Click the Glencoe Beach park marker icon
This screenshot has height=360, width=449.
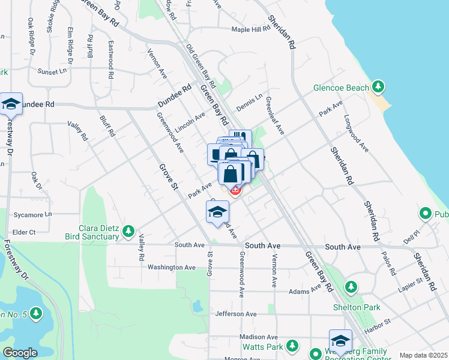pos(378,87)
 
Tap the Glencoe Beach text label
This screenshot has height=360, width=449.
pos(341,88)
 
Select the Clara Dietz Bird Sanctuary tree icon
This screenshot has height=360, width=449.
pos(128,231)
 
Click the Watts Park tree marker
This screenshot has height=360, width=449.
pos(292,346)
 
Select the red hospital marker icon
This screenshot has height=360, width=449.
pos(235,190)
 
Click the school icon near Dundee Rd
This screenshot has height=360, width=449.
pos(11,104)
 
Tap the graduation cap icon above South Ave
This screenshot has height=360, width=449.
pos(218,211)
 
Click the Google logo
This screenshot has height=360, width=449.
pos(20,353)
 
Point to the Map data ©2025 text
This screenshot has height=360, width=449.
pos(423,355)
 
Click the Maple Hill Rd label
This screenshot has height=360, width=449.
pos(252,29)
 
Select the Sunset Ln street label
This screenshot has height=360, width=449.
pos(53,71)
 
